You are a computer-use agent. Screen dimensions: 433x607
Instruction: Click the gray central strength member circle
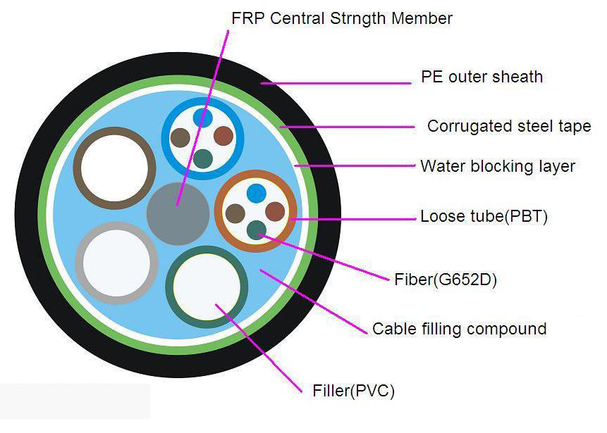click(x=178, y=213)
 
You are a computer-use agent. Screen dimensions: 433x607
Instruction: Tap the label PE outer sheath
click(x=482, y=77)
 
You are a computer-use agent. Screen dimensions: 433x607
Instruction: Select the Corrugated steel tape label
click(x=509, y=127)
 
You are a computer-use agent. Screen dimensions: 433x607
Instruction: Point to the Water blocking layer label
click(x=498, y=167)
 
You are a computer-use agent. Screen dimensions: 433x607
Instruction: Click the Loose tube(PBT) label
click(x=484, y=216)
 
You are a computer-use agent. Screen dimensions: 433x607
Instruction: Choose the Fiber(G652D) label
click(x=446, y=280)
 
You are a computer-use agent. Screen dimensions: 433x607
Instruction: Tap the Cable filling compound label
click(x=459, y=329)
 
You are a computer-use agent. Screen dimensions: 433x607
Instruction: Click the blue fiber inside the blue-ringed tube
click(x=203, y=116)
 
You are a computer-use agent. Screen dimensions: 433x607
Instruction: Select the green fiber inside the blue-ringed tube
click(x=203, y=158)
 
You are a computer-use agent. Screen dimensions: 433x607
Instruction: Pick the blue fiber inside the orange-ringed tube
click(x=256, y=192)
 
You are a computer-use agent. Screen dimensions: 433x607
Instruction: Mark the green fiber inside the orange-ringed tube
click(x=257, y=230)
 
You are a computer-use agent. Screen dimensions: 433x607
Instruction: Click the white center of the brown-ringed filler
click(x=114, y=168)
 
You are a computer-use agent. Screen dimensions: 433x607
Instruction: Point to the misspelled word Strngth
click(x=356, y=18)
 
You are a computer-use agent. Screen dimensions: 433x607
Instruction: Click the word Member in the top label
click(x=421, y=18)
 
